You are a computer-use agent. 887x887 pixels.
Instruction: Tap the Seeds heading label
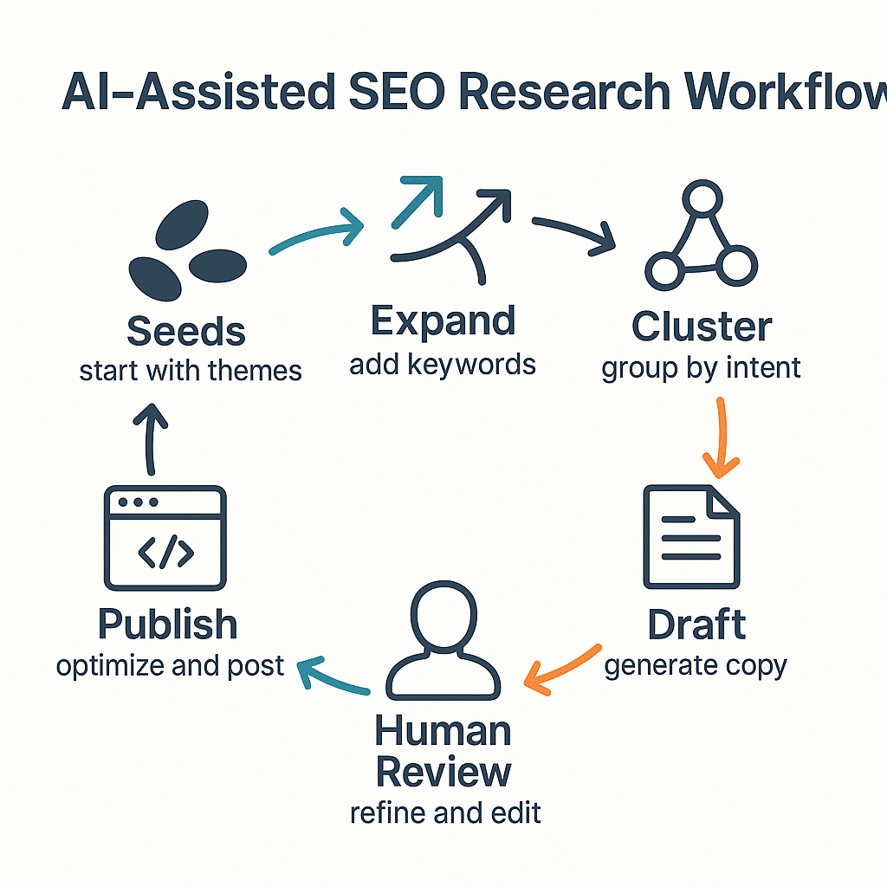point(186,331)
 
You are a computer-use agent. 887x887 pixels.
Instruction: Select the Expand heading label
point(443,321)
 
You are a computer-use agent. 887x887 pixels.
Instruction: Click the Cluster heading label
point(702,327)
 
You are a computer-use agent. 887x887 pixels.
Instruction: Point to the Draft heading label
point(696,625)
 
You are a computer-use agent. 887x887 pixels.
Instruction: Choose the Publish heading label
point(167,625)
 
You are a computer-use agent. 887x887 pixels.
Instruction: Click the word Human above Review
point(443,732)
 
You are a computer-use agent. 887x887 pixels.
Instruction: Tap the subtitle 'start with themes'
point(191,371)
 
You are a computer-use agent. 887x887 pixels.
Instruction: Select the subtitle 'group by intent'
point(702,367)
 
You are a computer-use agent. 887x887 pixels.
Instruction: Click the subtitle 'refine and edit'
point(445,813)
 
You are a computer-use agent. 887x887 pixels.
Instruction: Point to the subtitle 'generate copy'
point(696,665)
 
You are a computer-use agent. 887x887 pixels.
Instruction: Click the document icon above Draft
point(691,537)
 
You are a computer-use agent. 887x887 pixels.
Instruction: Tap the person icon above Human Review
point(443,634)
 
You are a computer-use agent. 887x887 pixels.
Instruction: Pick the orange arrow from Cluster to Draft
point(719,437)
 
